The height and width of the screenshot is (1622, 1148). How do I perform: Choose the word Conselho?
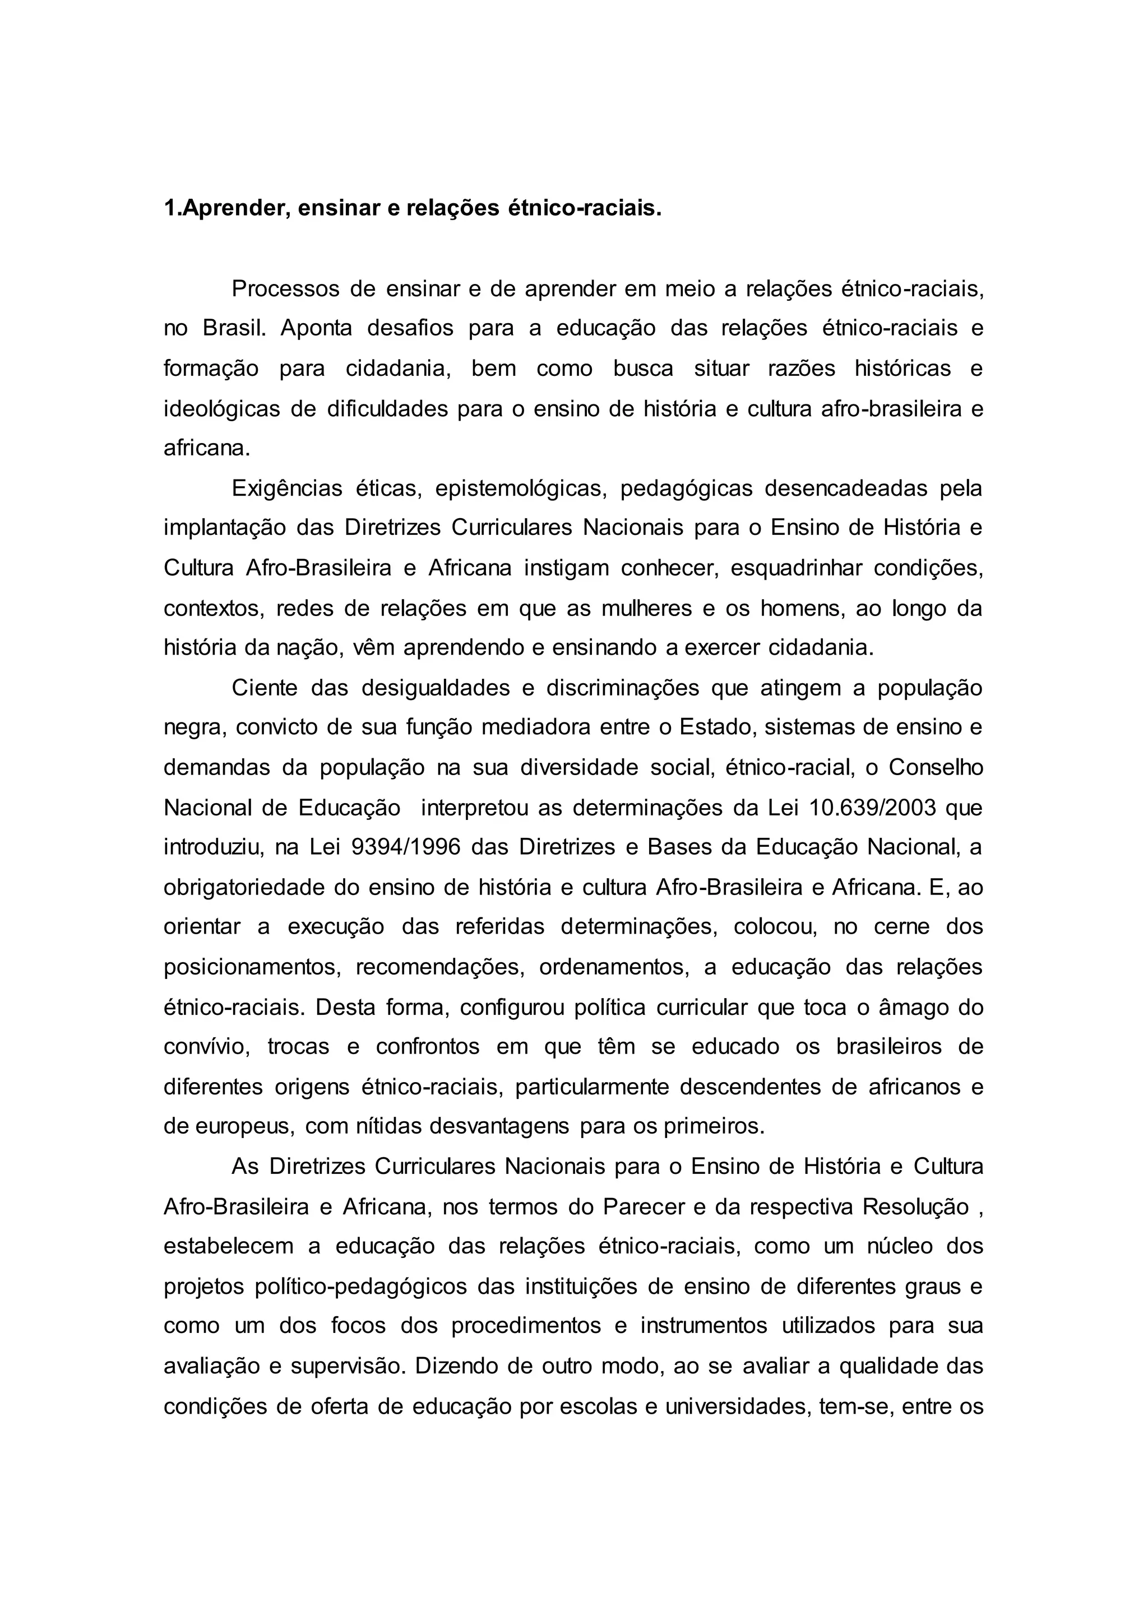(x=936, y=768)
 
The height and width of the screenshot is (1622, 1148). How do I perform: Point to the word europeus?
(x=244, y=1127)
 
